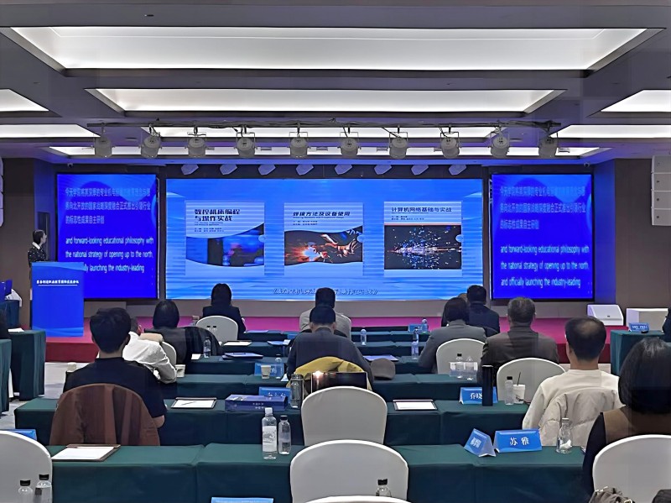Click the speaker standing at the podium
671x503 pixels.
tap(37, 249)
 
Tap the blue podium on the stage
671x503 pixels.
tap(57, 298)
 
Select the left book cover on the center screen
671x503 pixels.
tap(225, 234)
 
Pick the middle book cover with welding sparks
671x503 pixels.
tap(323, 236)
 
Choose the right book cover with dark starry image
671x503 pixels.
tap(423, 236)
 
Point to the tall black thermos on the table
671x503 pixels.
tap(487, 385)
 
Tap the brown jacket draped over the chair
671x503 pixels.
tap(104, 415)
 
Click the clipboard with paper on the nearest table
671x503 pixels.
tap(84, 453)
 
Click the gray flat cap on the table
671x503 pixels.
tap(382, 368)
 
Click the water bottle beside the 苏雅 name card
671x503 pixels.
tap(564, 436)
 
